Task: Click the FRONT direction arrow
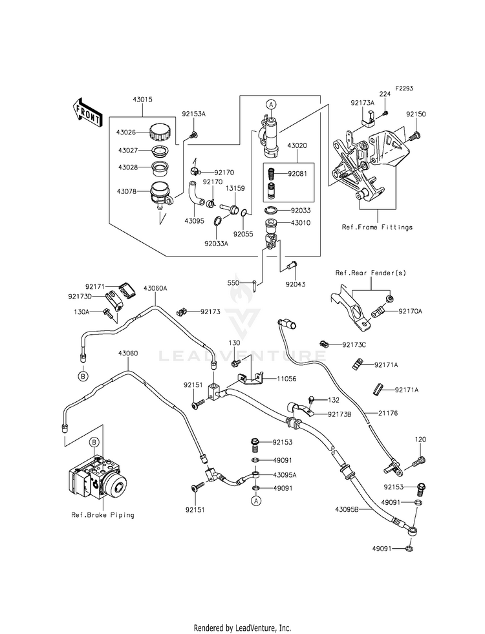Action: pyautogui.click(x=86, y=113)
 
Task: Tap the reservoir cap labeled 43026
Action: pyautogui.click(x=160, y=131)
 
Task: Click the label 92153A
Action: pyautogui.click(x=193, y=114)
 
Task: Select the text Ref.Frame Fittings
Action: pyautogui.click(x=377, y=227)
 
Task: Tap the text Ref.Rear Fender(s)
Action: pyautogui.click(x=371, y=273)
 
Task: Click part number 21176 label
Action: pyautogui.click(x=388, y=413)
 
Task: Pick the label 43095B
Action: pyautogui.click(x=347, y=509)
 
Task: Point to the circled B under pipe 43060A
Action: pyautogui.click(x=83, y=376)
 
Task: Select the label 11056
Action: pyautogui.click(x=286, y=379)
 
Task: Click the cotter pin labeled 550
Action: pyautogui.click(x=252, y=286)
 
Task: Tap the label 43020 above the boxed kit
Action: pyautogui.click(x=297, y=145)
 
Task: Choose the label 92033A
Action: pyautogui.click(x=216, y=244)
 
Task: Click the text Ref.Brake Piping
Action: pyautogui.click(x=103, y=515)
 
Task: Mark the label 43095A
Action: pyautogui.click(x=285, y=475)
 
